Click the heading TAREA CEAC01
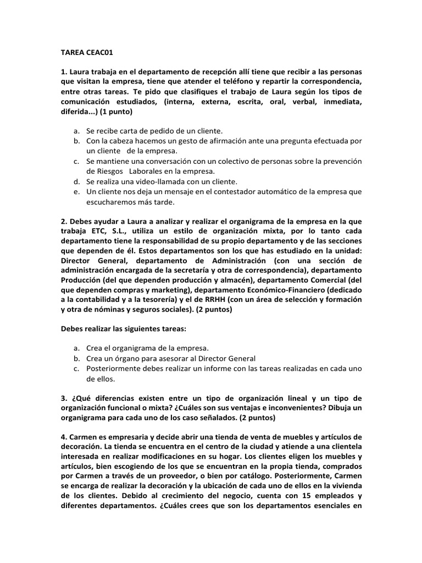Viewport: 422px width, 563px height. (86, 53)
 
